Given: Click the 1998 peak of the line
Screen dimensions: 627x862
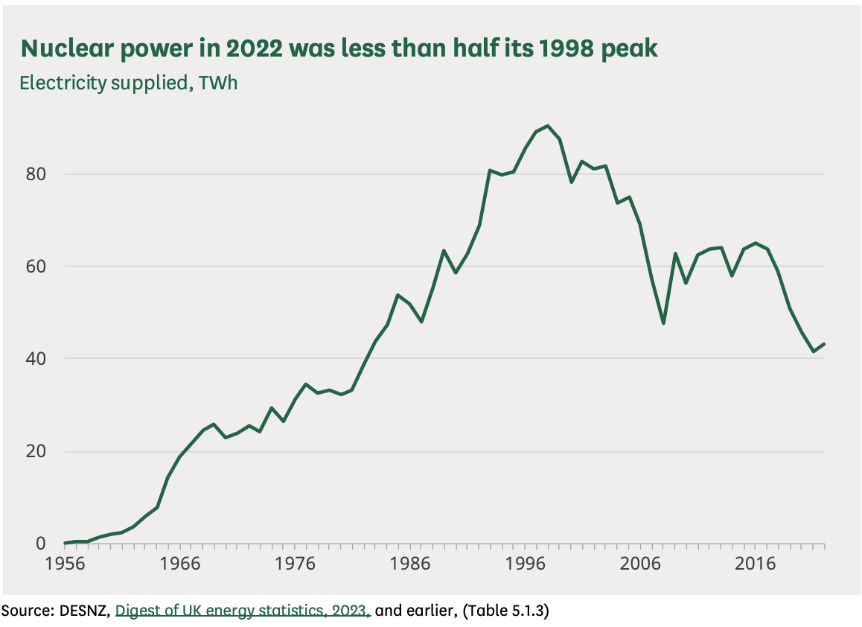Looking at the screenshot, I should point(548,126).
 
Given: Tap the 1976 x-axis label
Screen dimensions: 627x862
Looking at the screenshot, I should point(295,564).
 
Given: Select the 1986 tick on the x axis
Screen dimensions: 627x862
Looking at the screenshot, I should point(410,564).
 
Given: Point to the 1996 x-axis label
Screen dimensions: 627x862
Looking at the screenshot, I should point(525,564).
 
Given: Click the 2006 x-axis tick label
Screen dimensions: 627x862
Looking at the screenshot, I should point(640,564).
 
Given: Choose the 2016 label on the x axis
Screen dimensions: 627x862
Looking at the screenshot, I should point(755,564).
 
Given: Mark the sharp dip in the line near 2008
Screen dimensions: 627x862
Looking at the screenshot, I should point(663,322).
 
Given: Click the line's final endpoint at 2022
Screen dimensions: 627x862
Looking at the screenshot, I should point(824,344).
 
